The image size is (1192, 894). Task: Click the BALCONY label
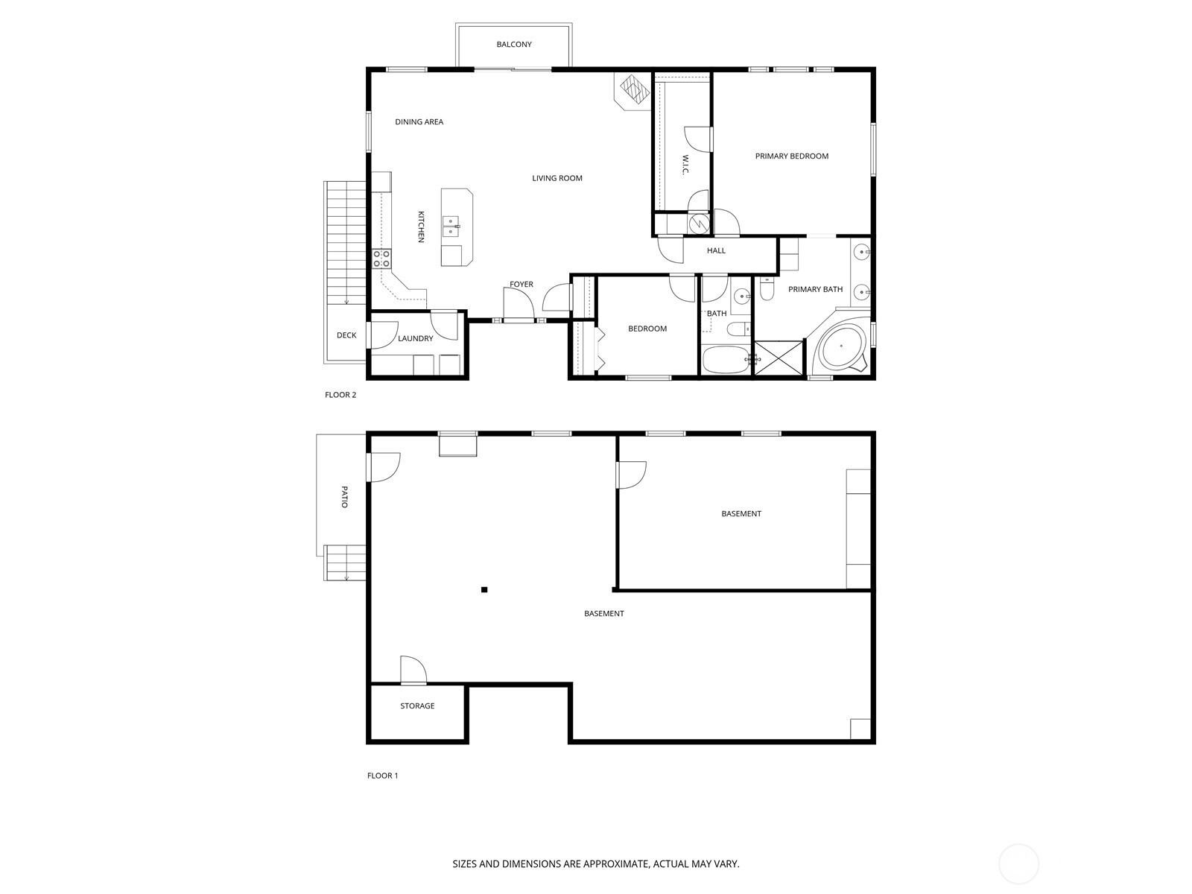click(513, 45)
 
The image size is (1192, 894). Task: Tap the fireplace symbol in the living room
click(634, 91)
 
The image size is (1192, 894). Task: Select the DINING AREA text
click(419, 122)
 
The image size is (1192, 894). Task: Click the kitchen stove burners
click(381, 259)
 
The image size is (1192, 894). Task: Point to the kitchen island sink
click(451, 226)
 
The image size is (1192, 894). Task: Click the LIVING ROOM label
click(557, 178)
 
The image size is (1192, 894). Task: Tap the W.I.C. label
click(685, 165)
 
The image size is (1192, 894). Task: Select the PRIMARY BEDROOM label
click(791, 156)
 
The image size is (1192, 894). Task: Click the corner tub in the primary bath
click(840, 346)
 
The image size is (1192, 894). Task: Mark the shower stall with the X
click(779, 358)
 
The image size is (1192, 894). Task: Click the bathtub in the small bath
click(726, 360)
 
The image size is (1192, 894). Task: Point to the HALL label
click(716, 251)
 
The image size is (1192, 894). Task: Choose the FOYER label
click(521, 285)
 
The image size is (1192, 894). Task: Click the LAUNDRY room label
click(416, 339)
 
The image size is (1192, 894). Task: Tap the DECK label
click(346, 335)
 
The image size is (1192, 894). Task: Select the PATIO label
click(344, 497)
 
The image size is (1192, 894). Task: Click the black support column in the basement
click(484, 589)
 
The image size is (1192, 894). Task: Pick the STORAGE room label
click(417, 706)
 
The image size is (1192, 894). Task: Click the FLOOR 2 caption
click(340, 395)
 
